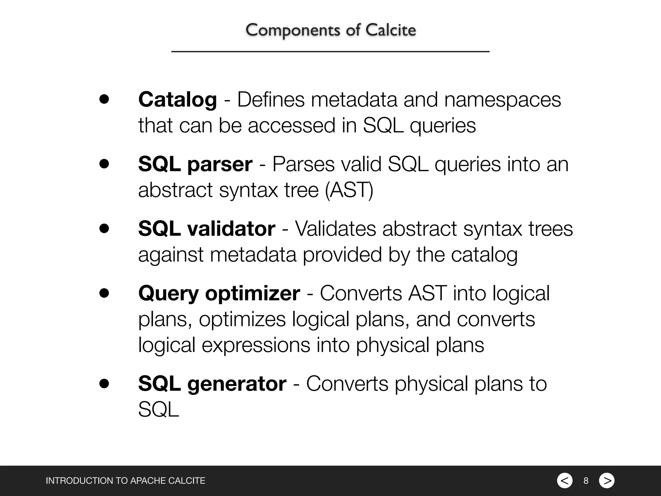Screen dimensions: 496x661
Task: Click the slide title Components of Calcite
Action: [330, 30]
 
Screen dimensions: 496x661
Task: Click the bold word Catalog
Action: [178, 99]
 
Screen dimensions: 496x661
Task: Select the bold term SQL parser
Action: [195, 164]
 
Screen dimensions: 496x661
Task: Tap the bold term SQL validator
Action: [207, 229]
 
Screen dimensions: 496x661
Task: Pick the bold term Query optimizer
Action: [219, 293]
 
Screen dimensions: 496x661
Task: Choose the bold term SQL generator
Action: [212, 384]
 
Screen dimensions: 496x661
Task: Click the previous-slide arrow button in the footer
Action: [564, 480]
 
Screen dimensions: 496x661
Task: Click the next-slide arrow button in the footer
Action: [607, 480]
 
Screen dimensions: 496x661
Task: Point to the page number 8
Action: [586, 481]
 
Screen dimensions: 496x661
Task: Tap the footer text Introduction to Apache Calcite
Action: [125, 481]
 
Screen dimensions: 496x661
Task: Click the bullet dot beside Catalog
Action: [104, 99]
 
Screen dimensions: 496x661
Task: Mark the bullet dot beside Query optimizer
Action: [104, 293]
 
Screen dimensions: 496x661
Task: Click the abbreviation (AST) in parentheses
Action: [349, 190]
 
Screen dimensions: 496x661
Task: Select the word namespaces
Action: [503, 99]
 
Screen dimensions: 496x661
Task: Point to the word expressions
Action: [256, 345]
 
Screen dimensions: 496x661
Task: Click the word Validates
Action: [335, 229]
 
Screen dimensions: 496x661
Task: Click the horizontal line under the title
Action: [330, 51]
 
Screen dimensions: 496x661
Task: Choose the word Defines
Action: [271, 99]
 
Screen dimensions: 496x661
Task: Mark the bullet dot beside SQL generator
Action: [104, 383]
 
